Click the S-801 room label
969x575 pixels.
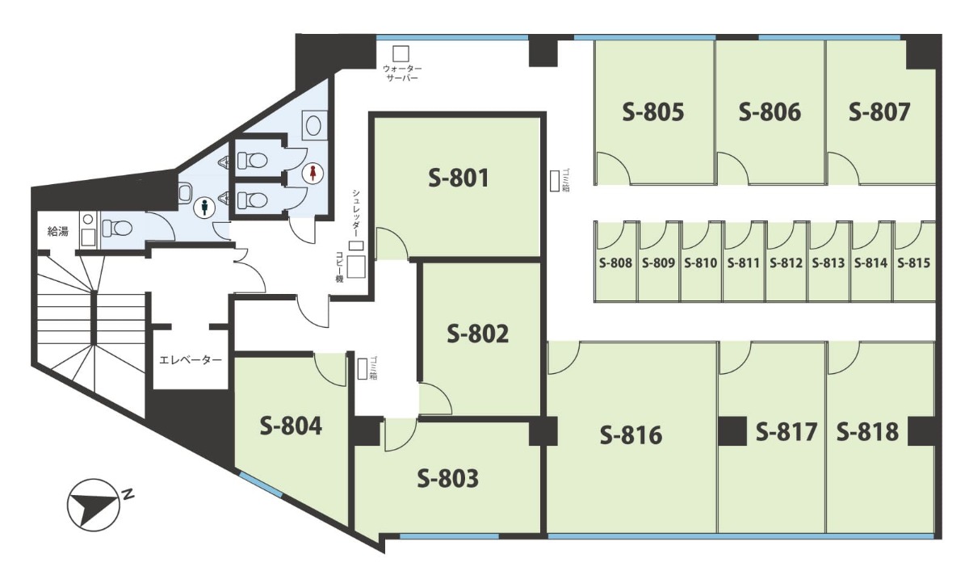[459, 178]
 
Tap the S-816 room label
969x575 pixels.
[631, 434]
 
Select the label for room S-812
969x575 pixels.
[786, 262]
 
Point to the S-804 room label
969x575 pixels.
[291, 426]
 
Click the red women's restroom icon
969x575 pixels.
[313, 173]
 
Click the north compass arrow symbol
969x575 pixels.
[94, 505]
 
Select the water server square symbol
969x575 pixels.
[401, 53]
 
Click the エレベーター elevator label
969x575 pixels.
[191, 360]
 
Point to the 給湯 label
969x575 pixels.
[57, 232]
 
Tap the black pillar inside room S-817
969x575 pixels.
[732, 431]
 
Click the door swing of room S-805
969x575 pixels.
[614, 168]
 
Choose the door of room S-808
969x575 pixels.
[610, 235]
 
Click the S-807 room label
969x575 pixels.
[879, 111]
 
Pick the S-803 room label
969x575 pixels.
[447, 478]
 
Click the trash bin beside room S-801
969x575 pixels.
[554, 180]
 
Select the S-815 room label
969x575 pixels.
[913, 262]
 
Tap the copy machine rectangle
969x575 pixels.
[356, 267]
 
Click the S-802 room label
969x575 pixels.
[477, 334]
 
